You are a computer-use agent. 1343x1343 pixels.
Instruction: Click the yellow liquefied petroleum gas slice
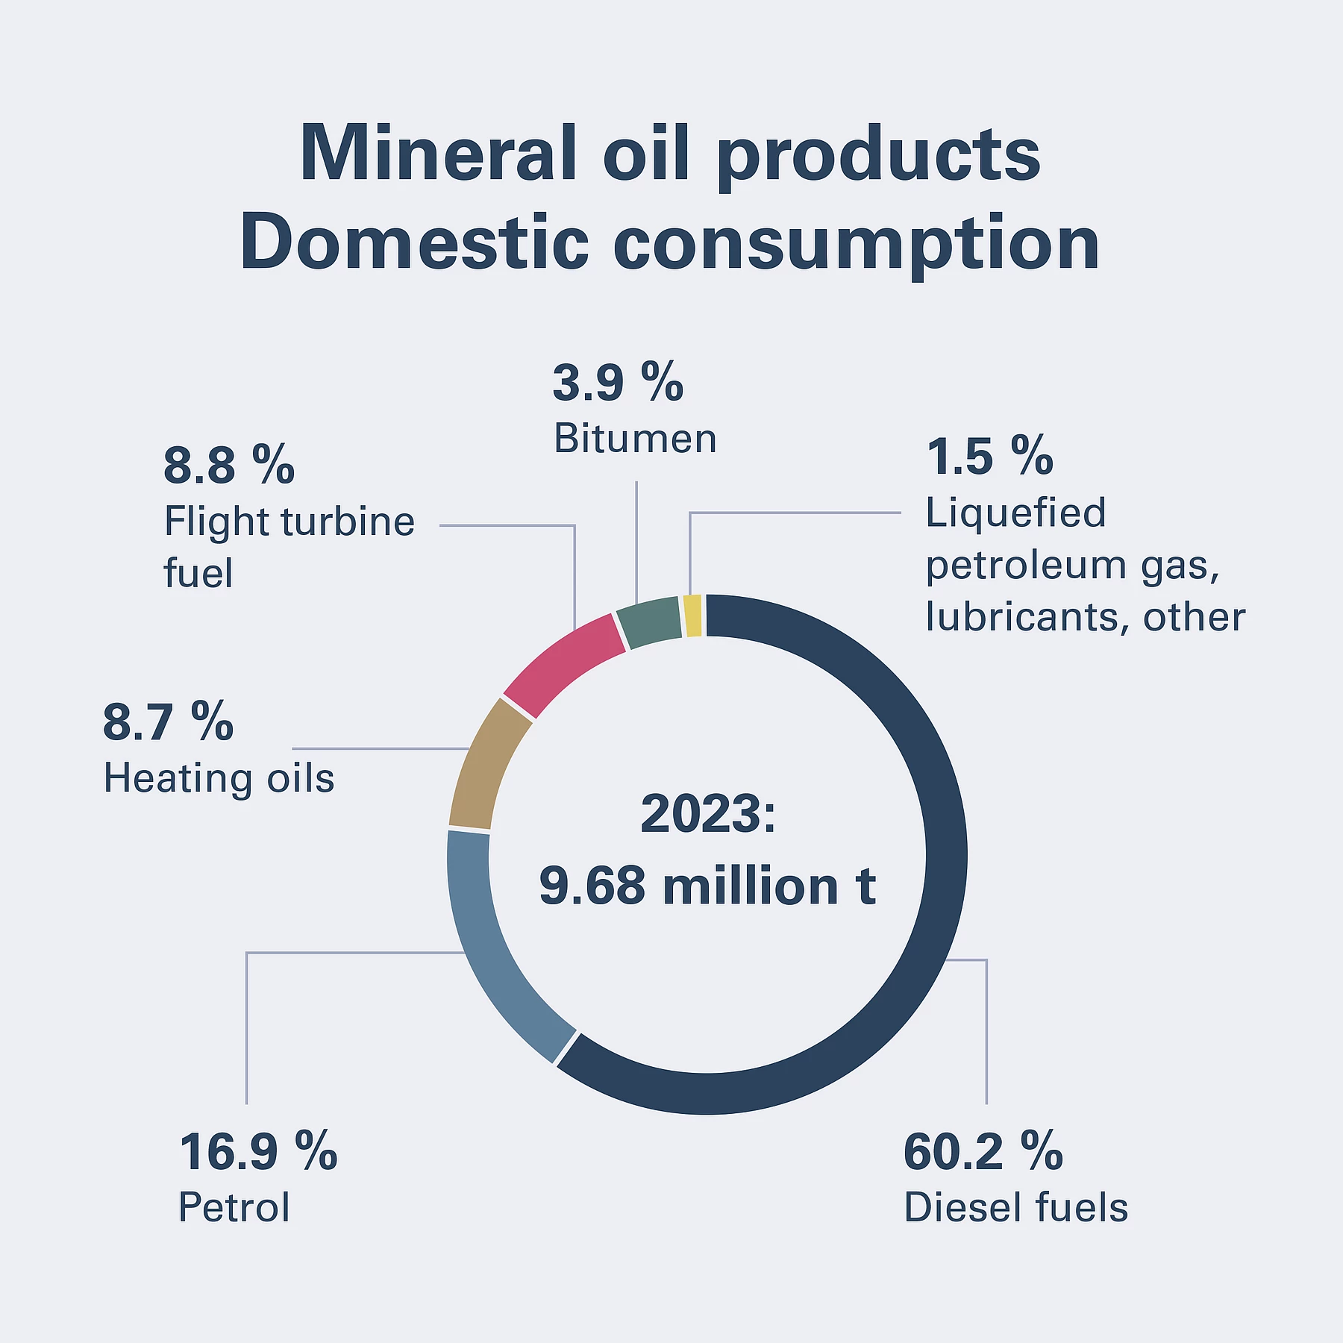click(x=692, y=616)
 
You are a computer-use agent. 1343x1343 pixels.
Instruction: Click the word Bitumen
click(x=635, y=439)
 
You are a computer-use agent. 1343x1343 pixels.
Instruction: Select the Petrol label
click(x=234, y=1207)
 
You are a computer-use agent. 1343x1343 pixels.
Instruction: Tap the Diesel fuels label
click(x=1015, y=1207)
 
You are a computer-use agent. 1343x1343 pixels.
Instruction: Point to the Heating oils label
click(x=219, y=779)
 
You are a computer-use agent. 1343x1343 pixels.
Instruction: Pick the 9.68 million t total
click(x=707, y=886)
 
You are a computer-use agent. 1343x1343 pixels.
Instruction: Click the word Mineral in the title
click(x=439, y=154)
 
